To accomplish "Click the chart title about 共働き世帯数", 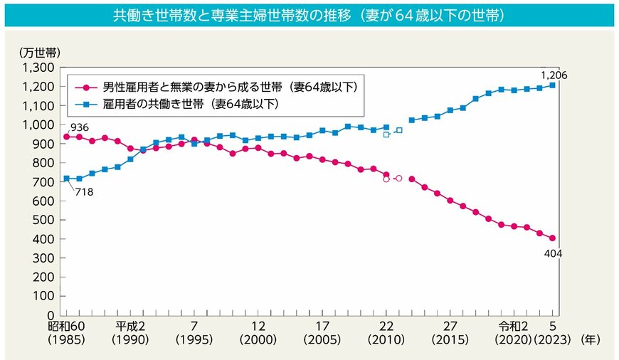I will coord(309,15).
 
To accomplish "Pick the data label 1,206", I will coord(554,75).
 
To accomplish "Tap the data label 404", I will coord(553,253).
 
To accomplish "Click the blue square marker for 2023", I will coord(552,85).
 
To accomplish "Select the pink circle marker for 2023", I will coord(552,238).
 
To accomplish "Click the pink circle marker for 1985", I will coord(66,137).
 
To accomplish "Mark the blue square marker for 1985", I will coord(66,179).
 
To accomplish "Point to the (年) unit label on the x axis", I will coord(591,341).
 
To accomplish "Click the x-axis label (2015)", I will coord(450,341).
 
